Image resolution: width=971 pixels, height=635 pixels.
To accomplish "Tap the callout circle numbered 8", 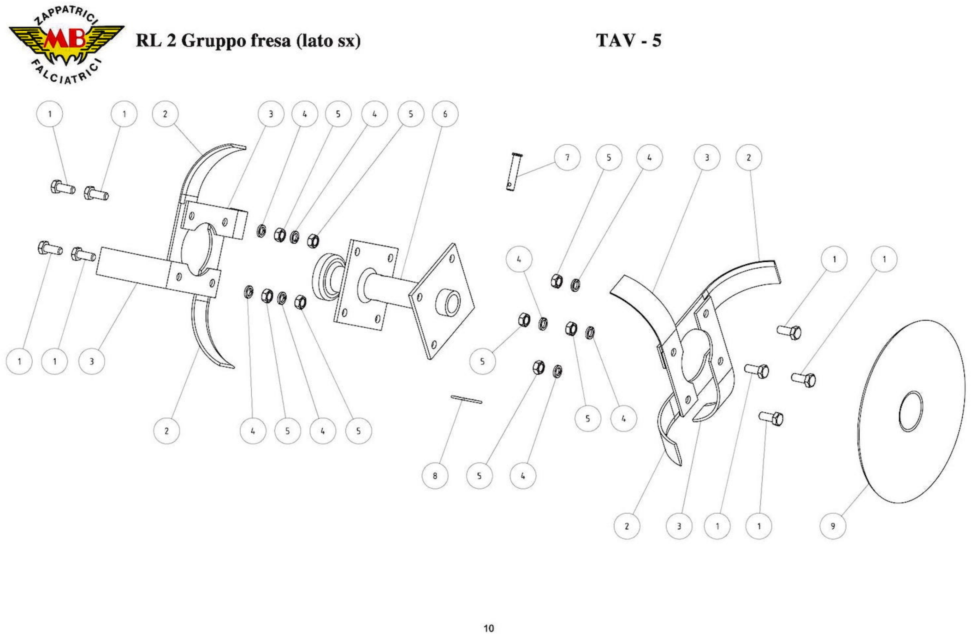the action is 435,475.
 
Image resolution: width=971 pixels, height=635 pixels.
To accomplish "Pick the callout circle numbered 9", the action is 833,526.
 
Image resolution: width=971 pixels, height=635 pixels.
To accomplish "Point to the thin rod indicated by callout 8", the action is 466,399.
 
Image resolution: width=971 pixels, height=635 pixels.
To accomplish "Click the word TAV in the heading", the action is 612,40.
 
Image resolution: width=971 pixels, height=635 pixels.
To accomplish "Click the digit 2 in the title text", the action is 170,41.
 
